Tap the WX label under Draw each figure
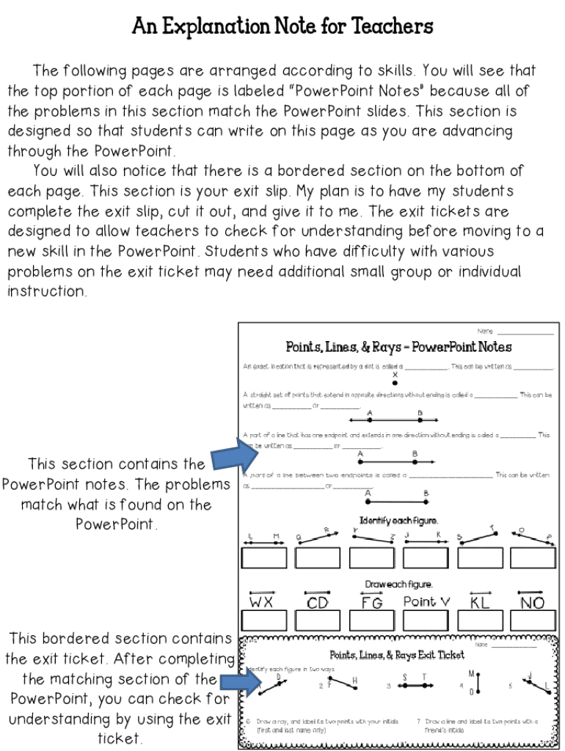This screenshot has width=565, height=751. [x=261, y=603]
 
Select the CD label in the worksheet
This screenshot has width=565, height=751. [x=318, y=603]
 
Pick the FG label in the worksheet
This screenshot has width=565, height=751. [x=372, y=603]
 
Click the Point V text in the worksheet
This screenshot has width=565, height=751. [x=426, y=602]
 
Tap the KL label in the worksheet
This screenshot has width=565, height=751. [x=480, y=603]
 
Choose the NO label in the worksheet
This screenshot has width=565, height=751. [x=533, y=603]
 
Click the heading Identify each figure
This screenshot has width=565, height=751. [x=398, y=521]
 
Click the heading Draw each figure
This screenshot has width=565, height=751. [x=398, y=585]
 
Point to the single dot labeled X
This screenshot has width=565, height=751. [x=395, y=382]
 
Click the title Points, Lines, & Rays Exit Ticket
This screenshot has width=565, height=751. [x=397, y=655]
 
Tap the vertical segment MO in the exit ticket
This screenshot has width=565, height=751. [x=473, y=683]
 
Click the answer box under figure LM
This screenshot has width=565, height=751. [x=263, y=558]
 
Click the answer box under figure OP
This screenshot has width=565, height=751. [x=533, y=558]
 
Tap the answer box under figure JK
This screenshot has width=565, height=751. [x=426, y=558]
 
